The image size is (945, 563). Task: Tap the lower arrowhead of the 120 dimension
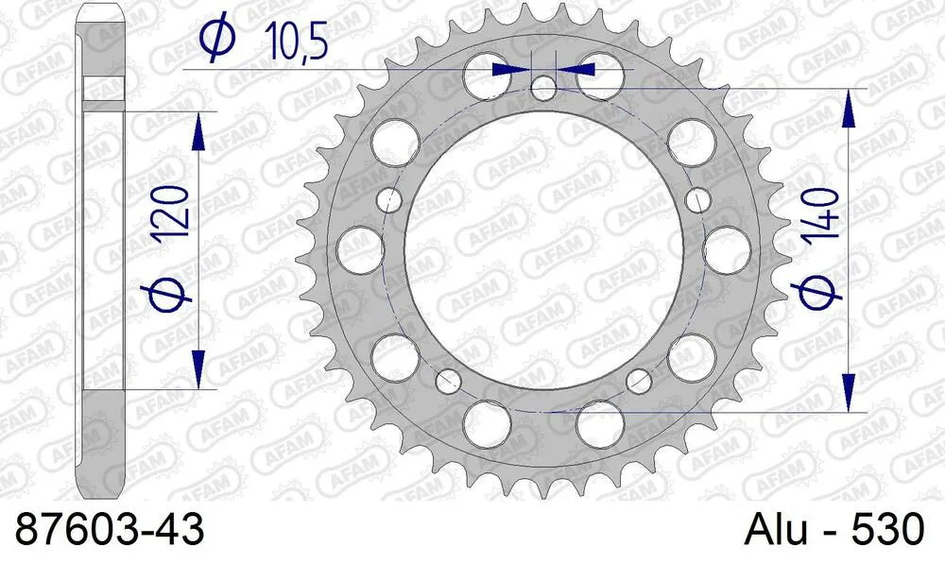pos(198,368)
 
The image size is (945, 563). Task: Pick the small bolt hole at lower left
pos(447,380)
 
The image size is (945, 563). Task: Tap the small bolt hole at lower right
pos(640,381)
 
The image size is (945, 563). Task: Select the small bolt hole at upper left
pos(388,199)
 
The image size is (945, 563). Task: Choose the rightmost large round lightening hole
pos(729,248)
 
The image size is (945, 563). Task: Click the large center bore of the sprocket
pos(543,251)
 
